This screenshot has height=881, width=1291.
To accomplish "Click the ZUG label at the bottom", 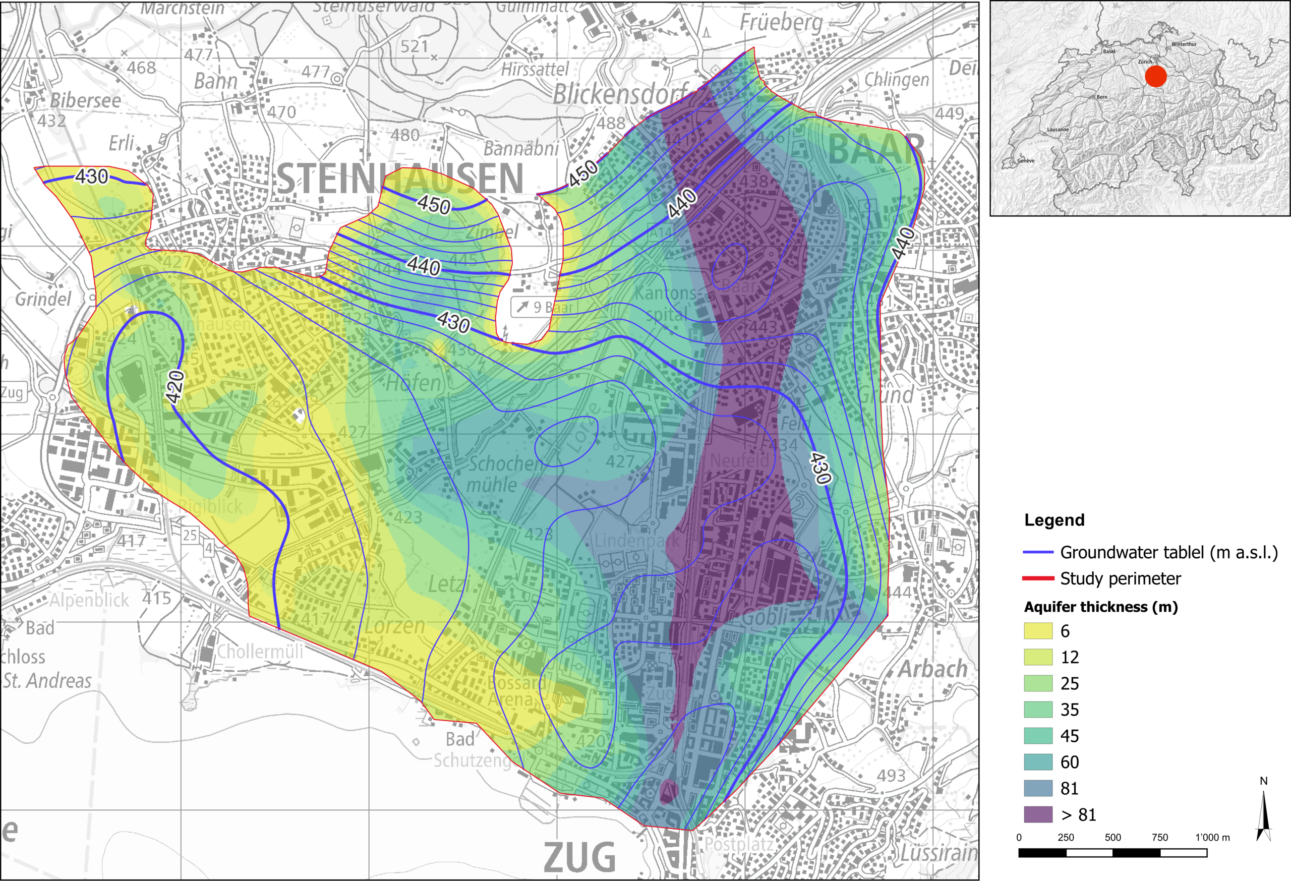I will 579,857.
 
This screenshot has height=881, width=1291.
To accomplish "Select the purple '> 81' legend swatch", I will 1038,814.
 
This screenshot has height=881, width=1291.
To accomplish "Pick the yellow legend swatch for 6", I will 1038,630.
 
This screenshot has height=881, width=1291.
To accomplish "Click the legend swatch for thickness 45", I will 1038,735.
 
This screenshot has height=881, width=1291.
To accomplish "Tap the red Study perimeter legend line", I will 1038,578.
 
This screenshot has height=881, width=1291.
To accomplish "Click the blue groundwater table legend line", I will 1038,552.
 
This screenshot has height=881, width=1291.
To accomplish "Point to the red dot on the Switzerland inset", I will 1155,76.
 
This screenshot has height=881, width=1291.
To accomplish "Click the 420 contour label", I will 175,387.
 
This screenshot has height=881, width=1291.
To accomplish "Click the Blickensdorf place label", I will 621,94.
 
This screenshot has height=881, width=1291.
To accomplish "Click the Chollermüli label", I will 260,651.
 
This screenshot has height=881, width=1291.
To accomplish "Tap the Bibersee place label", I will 85,100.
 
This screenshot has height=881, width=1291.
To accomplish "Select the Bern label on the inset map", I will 1101,97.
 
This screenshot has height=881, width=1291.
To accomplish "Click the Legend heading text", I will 1054,520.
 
